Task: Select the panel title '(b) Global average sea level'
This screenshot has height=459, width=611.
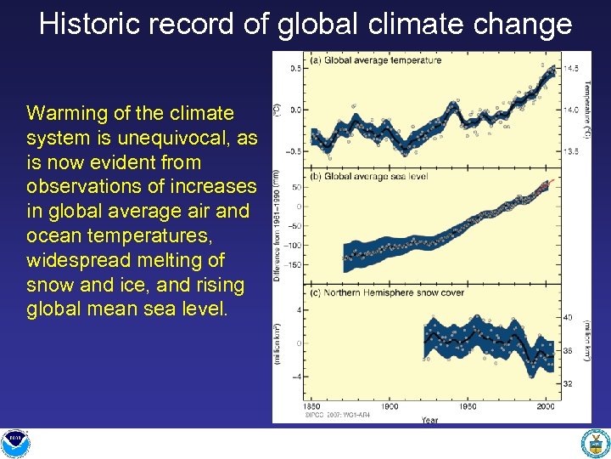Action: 369,177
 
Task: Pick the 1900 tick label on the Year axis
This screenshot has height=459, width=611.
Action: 390,407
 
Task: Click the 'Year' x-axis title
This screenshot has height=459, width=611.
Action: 430,419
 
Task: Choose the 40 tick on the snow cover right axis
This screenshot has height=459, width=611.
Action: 568,317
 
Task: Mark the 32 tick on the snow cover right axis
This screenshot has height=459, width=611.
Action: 568,384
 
